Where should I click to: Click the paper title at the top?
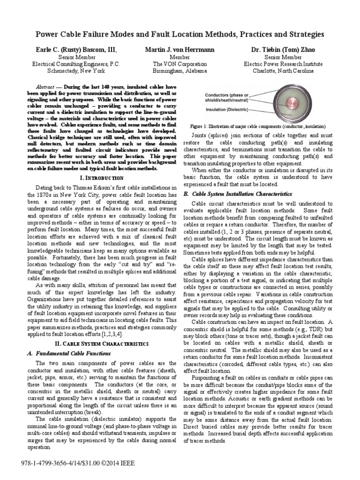pos(180,35)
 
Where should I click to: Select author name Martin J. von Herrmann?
pos(180,50)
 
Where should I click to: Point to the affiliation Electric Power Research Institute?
pos(283,64)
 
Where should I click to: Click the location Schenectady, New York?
pos(76,71)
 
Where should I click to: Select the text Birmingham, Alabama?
pos(180,71)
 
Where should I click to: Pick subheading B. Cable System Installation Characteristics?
pos(238,194)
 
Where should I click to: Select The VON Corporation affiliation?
pos(180,64)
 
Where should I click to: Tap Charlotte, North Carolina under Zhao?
pos(283,71)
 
